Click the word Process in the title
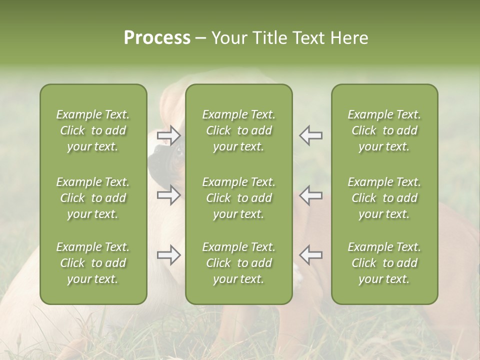157,38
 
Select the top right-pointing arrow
168,135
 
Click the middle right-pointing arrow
168,195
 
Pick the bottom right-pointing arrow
168,255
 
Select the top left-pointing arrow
311,135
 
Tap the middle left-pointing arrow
311,195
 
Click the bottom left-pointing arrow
311,255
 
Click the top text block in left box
93,130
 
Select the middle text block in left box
93,198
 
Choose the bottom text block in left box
93,263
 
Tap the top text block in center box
238,130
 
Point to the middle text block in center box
238,198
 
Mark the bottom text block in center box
238,263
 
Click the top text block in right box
384,130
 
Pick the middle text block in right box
384,198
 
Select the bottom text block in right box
384,263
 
